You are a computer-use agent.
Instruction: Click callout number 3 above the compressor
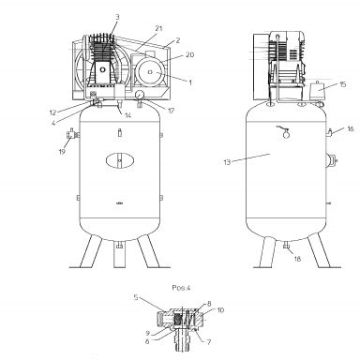pyautogui.click(x=117, y=17)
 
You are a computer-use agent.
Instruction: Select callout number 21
pyautogui.click(x=158, y=28)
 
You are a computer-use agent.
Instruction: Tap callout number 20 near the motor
pyautogui.click(x=189, y=55)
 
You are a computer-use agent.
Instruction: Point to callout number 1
pyautogui.click(x=190, y=82)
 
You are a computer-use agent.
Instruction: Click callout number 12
pyautogui.click(x=52, y=112)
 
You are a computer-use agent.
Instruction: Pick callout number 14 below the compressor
pyautogui.click(x=127, y=115)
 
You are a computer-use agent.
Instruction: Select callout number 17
pyautogui.click(x=171, y=111)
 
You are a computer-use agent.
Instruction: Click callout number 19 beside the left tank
pyautogui.click(x=62, y=152)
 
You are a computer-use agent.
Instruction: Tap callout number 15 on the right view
pyautogui.click(x=343, y=84)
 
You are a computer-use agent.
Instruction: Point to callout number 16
pyautogui.click(x=351, y=128)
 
